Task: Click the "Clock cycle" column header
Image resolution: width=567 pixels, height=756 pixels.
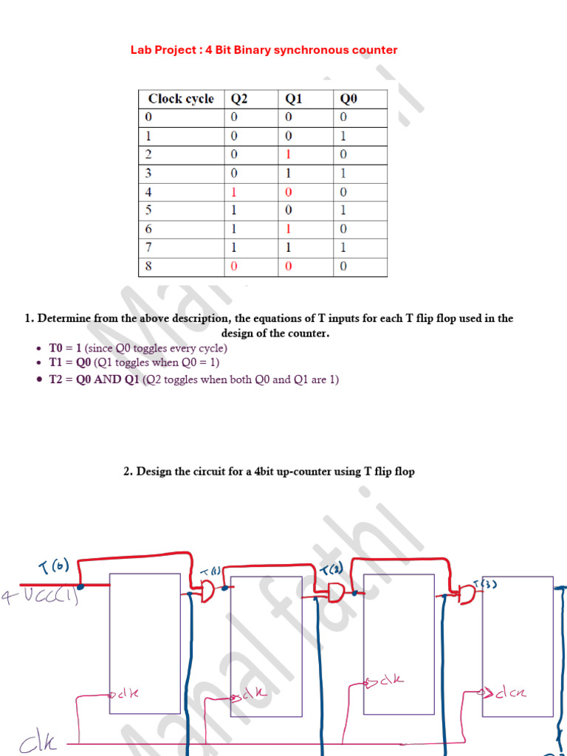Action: [x=181, y=99]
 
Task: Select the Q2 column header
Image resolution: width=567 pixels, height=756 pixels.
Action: [x=240, y=99]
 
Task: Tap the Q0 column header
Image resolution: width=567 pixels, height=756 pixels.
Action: [x=348, y=99]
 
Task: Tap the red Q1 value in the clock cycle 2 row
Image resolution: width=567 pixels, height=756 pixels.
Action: [x=289, y=155]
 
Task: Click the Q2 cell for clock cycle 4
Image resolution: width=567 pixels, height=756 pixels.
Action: [x=234, y=192]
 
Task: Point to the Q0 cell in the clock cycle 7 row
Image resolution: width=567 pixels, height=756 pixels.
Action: [x=343, y=247]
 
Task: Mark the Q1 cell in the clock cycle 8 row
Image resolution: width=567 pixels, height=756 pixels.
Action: [x=289, y=266]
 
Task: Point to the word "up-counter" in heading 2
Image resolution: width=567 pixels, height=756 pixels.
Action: [x=304, y=471]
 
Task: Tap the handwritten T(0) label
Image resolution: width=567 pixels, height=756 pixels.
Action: [x=53, y=566]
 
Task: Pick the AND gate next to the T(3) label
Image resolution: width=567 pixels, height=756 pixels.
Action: [x=468, y=593]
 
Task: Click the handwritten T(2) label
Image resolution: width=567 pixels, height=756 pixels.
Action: [x=331, y=569]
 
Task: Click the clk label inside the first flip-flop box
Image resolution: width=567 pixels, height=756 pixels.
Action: [x=126, y=693]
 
